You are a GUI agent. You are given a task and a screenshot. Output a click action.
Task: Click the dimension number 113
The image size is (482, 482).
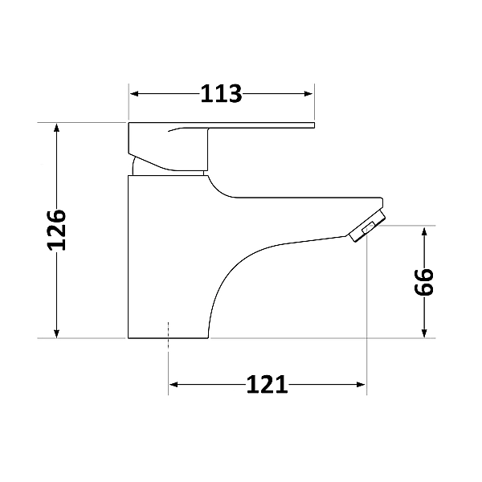tap(221, 94)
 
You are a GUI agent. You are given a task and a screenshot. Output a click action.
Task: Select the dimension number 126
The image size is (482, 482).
tap(55, 231)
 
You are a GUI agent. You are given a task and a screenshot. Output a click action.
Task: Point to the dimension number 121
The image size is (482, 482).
tap(266, 386)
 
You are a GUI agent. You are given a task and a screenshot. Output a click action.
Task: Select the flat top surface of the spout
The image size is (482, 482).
tap(305, 198)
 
